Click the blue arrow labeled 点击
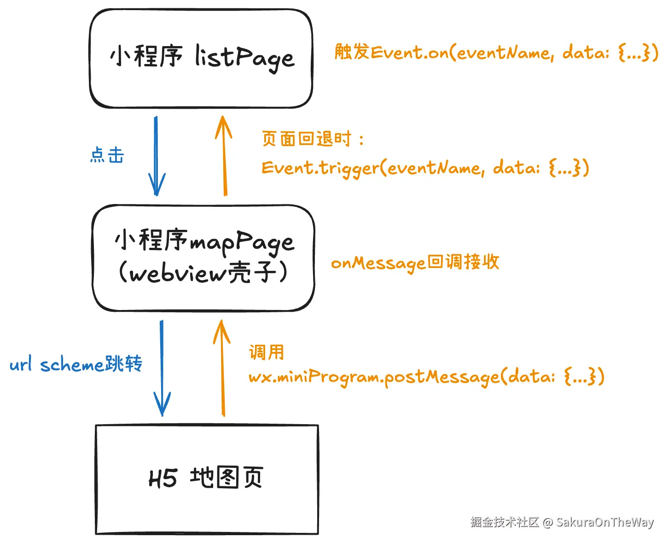pos(156,157)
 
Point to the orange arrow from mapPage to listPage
pos(224,157)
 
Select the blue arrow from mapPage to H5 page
pos(162,368)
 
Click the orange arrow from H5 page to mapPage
pos(223,368)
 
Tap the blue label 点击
pos(107,156)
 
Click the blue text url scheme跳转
pos(76,364)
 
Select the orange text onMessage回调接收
pos(415,263)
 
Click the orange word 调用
pos(266,353)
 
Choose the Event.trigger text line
pos(424,168)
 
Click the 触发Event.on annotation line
pos(496,53)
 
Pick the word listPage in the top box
pos(244,58)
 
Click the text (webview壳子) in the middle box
pos(203,273)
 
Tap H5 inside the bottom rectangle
pos(163,479)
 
